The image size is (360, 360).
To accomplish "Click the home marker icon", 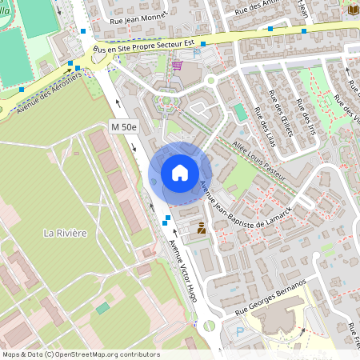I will click(180, 172).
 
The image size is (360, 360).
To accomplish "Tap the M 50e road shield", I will click(124, 127).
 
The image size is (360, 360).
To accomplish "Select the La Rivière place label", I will click(65, 233).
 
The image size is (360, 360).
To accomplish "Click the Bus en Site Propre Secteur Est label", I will click(144, 42).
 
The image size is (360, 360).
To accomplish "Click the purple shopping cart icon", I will click(176, 66).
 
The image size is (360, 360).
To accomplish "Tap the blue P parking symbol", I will click(240, 330).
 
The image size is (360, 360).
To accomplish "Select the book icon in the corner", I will click(353, 8).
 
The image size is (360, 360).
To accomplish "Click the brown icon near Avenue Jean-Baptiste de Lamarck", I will click(202, 228).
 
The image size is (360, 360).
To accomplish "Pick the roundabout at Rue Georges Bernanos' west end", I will click(210, 326).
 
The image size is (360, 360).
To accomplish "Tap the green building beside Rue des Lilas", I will click(241, 111).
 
